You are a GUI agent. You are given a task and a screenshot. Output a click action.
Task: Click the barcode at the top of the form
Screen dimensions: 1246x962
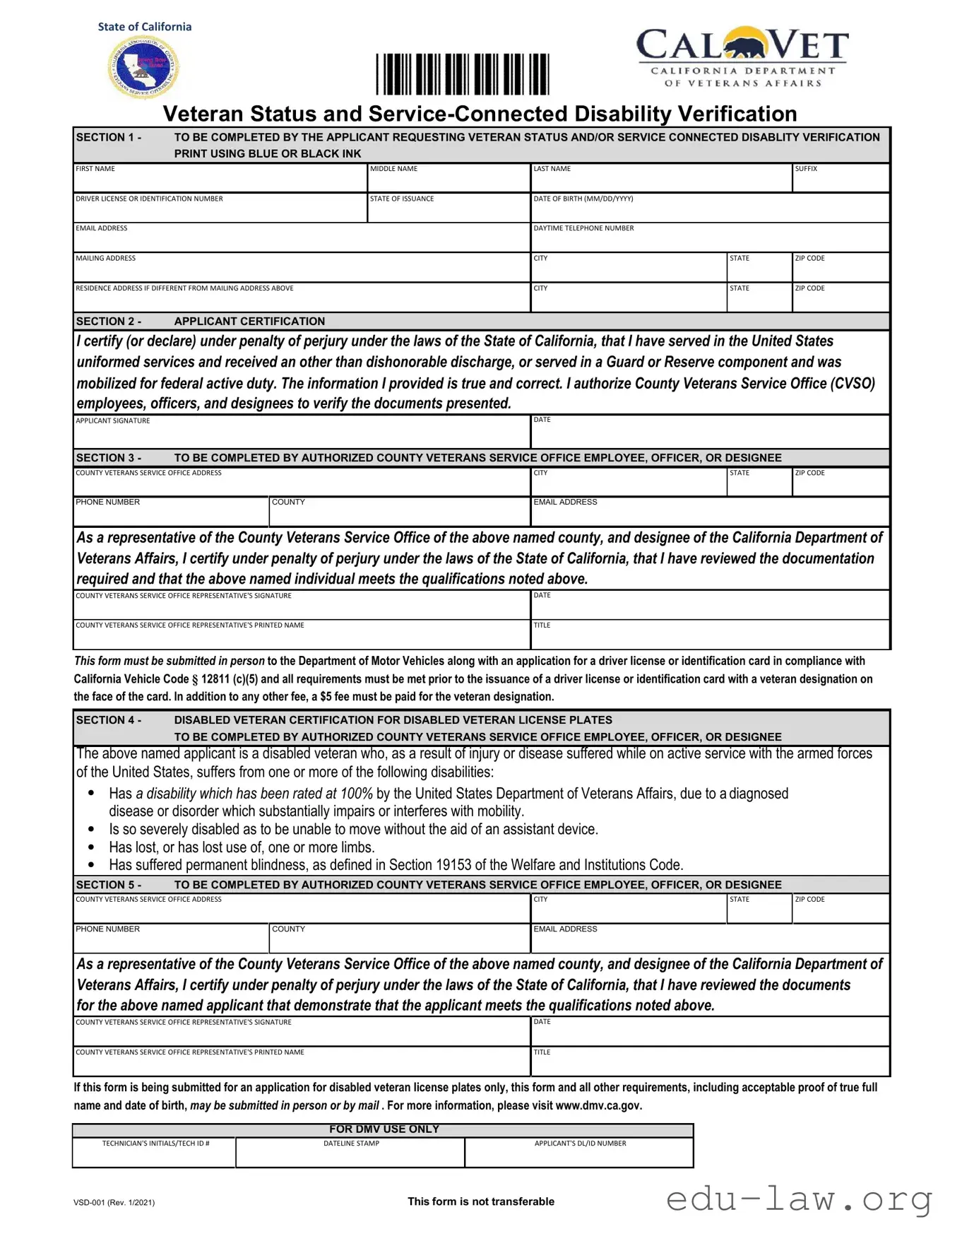click(462, 74)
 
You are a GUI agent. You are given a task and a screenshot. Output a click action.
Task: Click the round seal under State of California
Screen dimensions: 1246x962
click(144, 67)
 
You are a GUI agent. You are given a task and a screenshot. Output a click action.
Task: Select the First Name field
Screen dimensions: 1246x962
click(220, 181)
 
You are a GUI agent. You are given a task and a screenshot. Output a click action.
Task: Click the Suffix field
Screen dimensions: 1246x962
click(840, 181)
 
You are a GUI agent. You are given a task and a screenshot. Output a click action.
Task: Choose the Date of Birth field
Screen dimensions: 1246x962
click(709, 211)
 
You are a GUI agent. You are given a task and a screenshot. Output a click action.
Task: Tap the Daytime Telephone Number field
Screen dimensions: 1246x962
click(709, 240)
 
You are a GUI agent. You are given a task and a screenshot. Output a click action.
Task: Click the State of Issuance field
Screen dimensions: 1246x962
click(449, 211)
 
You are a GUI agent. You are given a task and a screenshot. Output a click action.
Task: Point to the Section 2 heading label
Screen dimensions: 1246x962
click(109, 322)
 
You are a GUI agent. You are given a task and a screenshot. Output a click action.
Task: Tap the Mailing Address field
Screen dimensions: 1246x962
click(302, 270)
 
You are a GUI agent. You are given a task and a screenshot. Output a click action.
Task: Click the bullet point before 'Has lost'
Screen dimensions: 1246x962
click(91, 847)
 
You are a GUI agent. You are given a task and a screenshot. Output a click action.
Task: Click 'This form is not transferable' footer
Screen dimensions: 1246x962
click(481, 1201)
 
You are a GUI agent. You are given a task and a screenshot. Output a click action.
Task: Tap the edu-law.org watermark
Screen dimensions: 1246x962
click(799, 1199)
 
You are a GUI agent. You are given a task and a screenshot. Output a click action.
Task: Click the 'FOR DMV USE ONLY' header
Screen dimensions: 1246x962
click(384, 1129)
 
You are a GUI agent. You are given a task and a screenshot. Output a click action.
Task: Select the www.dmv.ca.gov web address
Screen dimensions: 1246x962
click(598, 1106)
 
